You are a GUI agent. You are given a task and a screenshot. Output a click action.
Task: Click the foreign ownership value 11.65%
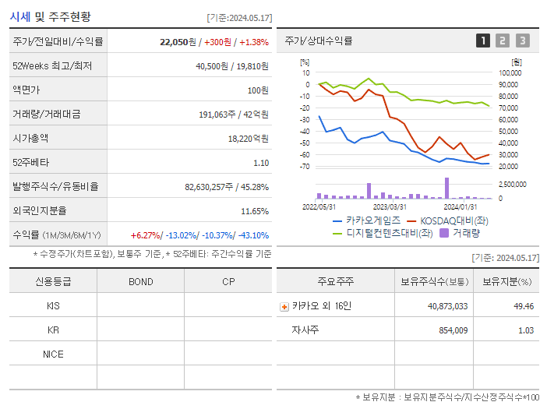point(255,210)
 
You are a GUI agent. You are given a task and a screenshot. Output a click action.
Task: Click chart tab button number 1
point(483,41)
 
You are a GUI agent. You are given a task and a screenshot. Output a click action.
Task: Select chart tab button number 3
point(522,41)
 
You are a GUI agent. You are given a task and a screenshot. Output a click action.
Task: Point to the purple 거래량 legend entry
point(460,232)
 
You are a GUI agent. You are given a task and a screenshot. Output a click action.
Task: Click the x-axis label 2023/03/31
point(390,206)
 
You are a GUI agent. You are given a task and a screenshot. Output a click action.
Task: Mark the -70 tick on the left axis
point(305,167)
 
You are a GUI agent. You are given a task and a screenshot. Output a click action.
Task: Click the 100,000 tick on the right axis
point(510,73)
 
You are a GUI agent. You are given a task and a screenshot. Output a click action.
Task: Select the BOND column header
point(140,281)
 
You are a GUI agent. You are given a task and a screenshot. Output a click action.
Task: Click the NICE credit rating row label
point(53,354)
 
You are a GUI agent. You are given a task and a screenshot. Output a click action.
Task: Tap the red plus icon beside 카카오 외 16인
point(284,307)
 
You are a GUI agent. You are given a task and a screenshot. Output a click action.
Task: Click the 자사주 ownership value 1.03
point(526,330)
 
